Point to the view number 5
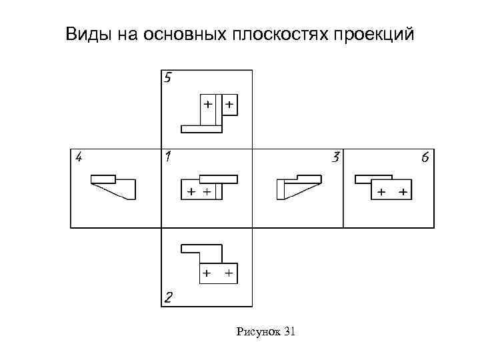[x=168, y=77]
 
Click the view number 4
[x=79, y=157]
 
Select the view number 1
[x=169, y=158]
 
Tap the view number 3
[x=336, y=158]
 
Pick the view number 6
[x=425, y=158]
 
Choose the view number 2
[x=169, y=297]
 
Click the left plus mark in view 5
[x=208, y=105]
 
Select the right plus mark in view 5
[x=229, y=105]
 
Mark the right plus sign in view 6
[x=403, y=192]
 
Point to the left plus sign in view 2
[x=207, y=273]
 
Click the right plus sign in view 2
[x=228, y=273]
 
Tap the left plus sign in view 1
[x=191, y=192]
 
